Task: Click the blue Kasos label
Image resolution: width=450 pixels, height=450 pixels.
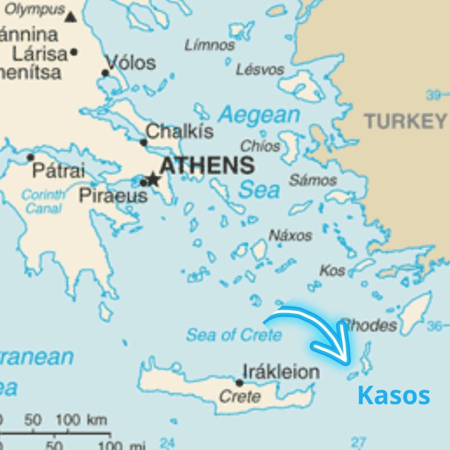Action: click(394, 396)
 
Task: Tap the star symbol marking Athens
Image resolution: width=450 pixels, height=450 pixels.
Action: click(153, 179)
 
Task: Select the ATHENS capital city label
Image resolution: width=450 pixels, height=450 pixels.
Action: click(207, 166)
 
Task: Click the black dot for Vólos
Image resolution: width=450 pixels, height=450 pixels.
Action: click(105, 73)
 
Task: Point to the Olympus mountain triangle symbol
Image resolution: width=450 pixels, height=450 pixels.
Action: click(70, 17)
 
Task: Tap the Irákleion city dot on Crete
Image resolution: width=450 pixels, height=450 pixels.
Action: click(239, 383)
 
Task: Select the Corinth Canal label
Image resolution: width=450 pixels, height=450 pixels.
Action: click(43, 202)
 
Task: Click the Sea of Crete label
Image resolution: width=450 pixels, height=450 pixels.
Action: click(234, 335)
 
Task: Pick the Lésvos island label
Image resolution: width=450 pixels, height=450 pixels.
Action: click(260, 69)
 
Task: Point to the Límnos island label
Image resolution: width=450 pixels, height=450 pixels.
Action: click(210, 45)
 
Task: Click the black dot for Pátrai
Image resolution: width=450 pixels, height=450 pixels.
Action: click(31, 157)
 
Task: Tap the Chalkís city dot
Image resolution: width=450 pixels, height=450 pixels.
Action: click(144, 143)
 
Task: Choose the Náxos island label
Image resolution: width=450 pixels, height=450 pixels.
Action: click(290, 235)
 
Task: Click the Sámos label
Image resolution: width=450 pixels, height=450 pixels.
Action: click(313, 180)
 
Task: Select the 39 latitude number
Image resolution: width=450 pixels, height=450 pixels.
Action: click(433, 95)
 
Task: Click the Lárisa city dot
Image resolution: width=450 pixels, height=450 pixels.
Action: click(74, 52)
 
